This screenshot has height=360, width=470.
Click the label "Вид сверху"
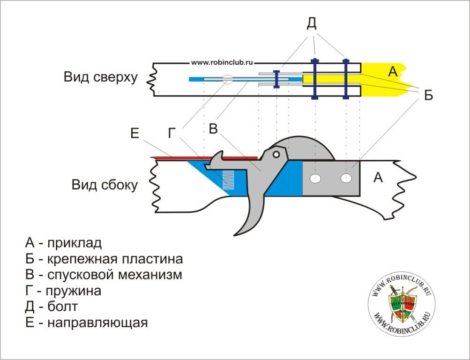101,77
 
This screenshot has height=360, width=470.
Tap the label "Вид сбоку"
104,185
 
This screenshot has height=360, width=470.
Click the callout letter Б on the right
428,95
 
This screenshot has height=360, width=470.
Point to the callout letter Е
135,134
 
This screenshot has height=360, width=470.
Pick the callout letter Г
172,134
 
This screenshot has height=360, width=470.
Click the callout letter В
213,128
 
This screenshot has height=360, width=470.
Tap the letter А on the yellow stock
393,72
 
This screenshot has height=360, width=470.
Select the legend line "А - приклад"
63,243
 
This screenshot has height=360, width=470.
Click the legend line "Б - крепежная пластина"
104,259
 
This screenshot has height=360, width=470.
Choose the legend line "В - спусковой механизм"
104,274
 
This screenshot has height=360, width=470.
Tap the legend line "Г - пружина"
63,291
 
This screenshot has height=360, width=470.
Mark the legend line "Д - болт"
52,307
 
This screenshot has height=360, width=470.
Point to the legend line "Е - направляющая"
87,322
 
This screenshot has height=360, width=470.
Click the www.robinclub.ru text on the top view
222,62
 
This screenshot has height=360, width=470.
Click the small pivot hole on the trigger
276,153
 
